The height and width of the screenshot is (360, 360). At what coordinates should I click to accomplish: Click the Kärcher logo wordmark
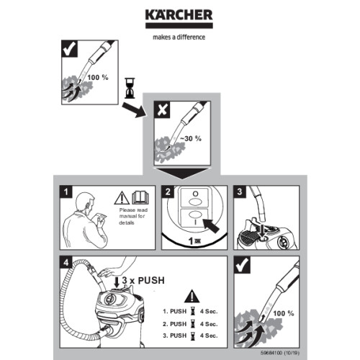tap(179, 15)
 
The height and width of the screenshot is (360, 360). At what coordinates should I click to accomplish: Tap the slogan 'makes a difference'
tap(179, 37)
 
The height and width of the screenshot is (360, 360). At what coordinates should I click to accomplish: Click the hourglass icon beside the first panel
tap(130, 88)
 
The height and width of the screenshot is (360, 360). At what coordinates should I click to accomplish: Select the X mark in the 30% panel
tap(162, 109)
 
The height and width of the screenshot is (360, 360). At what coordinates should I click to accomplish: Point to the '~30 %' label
tap(191, 138)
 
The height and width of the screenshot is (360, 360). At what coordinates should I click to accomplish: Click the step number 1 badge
tap(66, 192)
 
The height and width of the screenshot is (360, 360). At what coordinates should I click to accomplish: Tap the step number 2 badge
tap(168, 192)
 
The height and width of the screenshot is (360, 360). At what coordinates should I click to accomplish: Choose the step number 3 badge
tap(240, 192)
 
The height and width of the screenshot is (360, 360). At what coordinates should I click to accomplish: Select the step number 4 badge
tap(66, 263)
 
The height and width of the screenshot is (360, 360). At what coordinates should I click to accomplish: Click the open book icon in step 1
tap(140, 197)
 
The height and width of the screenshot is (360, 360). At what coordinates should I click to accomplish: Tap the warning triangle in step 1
tap(122, 198)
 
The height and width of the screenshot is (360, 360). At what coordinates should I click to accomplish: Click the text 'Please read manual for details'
tap(133, 216)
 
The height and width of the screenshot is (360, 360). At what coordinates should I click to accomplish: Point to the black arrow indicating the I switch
tap(211, 225)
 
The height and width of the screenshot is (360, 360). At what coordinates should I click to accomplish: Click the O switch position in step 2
tap(195, 197)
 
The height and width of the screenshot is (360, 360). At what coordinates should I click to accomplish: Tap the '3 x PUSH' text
tap(143, 280)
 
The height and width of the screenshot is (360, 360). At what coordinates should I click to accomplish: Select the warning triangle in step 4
tap(192, 297)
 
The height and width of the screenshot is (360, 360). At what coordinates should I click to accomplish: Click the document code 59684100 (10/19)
tap(280, 353)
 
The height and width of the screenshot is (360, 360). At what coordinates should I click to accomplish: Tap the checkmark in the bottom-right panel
tap(242, 265)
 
